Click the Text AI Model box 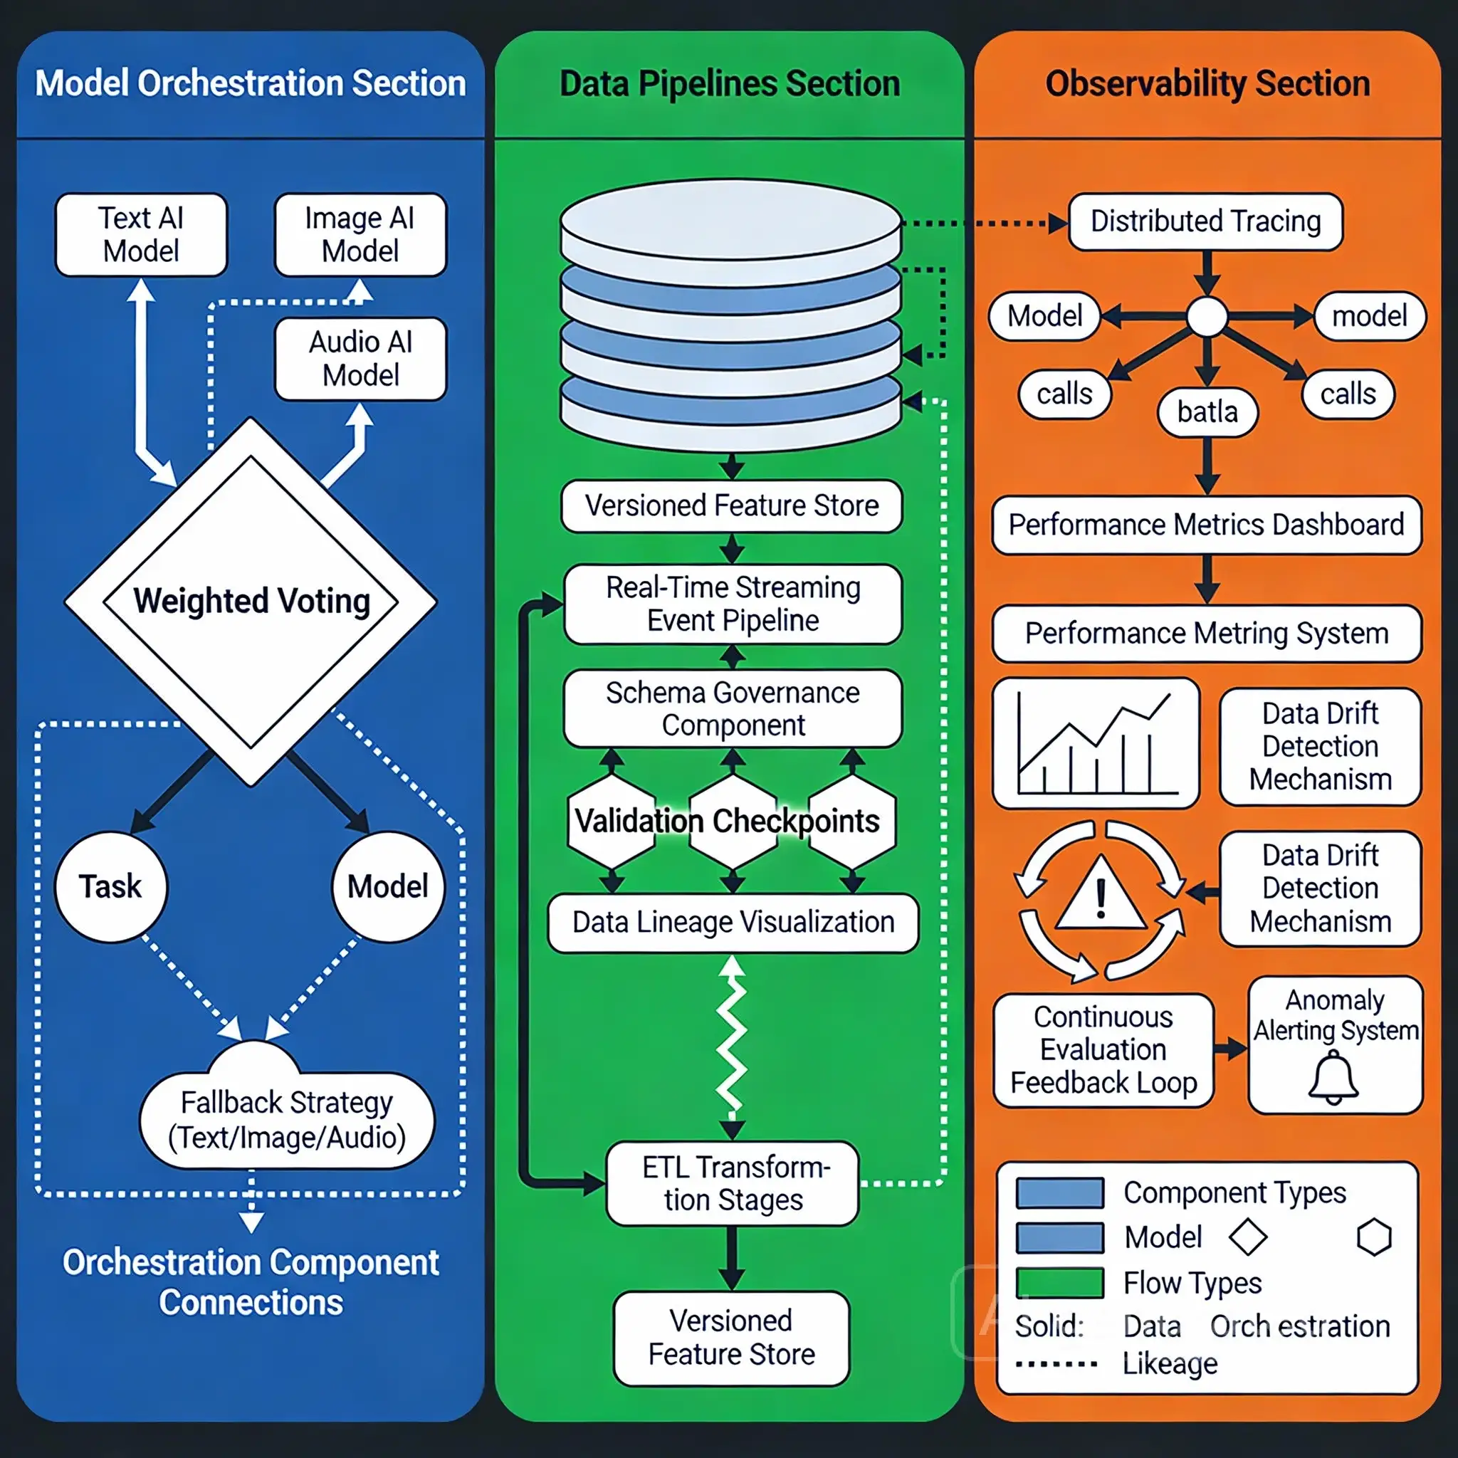pyautogui.click(x=141, y=235)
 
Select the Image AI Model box pyautogui.click(x=360, y=235)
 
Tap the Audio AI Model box pyautogui.click(x=360, y=359)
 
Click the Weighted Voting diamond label pyautogui.click(x=251, y=602)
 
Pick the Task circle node pyautogui.click(x=111, y=887)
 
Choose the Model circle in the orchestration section pyautogui.click(x=388, y=887)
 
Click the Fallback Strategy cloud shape pyautogui.click(x=286, y=1117)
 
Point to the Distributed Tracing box pyautogui.click(x=1205, y=222)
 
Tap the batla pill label pyautogui.click(x=1207, y=412)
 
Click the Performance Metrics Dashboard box pyautogui.click(x=1206, y=525)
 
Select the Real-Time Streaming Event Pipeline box pyautogui.click(x=733, y=604)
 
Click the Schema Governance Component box pyautogui.click(x=733, y=708)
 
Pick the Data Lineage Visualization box pyautogui.click(x=733, y=922)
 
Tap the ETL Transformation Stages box pyautogui.click(x=733, y=1183)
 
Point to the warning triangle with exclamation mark pyautogui.click(x=1101, y=896)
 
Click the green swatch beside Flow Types pyautogui.click(x=1059, y=1282)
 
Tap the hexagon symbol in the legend pyautogui.click(x=1373, y=1237)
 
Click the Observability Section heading pyautogui.click(x=1207, y=84)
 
